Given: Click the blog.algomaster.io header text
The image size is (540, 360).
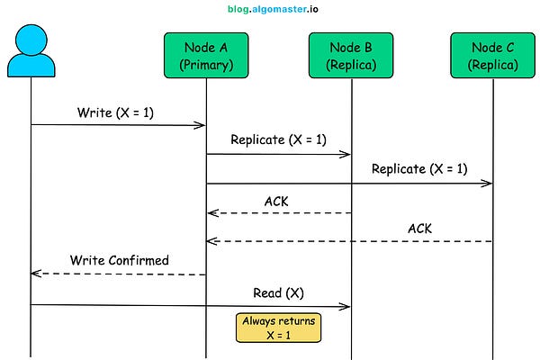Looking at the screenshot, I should pos(271,10).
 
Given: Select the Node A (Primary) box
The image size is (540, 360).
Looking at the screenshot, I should pos(206,55).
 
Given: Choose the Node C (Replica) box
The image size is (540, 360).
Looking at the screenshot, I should pos(493,55).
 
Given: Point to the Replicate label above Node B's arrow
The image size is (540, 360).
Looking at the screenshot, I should pos(278,139).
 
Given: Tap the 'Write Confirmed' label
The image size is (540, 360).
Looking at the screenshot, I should pos(119,260).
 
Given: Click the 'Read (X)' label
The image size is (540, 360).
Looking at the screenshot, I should pos(278,292).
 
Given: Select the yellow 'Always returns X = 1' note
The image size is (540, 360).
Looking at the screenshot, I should pos(279,327).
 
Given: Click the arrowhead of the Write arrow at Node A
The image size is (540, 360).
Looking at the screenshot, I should pos(202,125).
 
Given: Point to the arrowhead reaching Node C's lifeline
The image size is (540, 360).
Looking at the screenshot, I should pos(489,184).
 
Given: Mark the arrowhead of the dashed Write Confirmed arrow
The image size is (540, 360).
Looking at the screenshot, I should pos(35,273).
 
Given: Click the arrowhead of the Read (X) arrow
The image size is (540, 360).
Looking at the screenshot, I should pos(346,306).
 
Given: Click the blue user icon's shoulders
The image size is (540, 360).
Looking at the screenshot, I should pos(31,65).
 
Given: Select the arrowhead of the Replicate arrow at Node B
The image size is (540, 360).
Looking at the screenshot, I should pos(346,155).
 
